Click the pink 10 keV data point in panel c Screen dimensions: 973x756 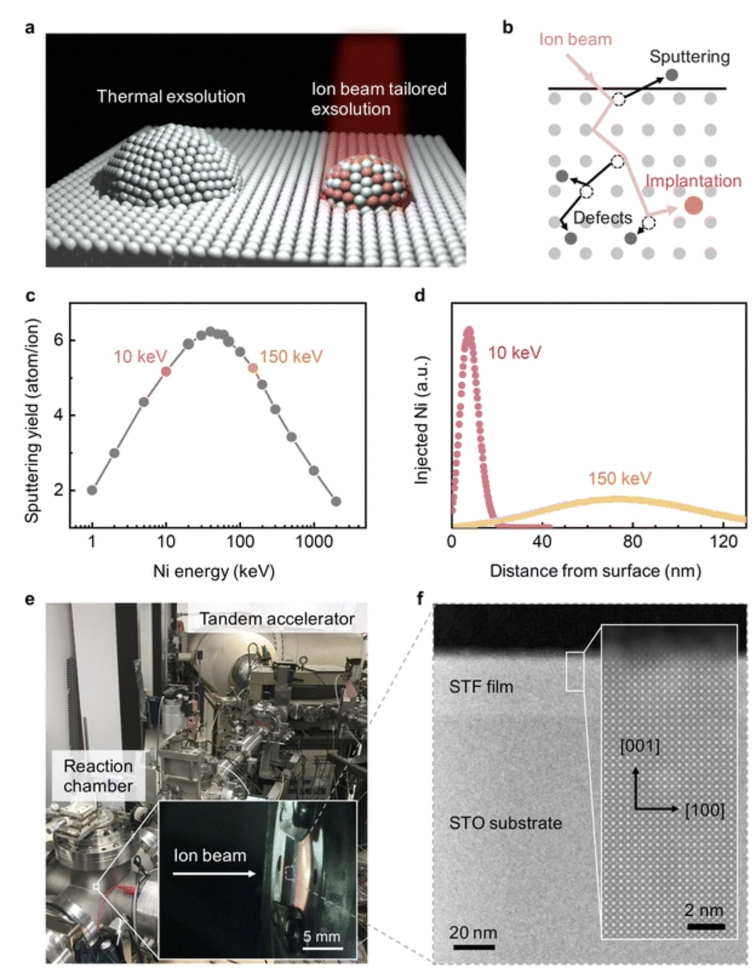[166, 371]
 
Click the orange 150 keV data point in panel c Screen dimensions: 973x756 [253, 368]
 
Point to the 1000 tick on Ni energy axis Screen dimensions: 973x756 [314, 542]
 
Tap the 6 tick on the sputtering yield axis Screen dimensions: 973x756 [58, 340]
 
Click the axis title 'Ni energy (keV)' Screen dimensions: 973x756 [213, 571]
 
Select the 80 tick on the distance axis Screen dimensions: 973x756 [632, 541]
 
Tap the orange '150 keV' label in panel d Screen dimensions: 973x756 [619, 479]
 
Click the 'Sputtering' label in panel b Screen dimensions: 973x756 [689, 57]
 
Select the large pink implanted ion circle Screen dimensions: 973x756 [694, 205]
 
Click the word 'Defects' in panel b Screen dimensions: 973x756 [602, 218]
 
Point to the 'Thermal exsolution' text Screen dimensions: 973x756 [171, 96]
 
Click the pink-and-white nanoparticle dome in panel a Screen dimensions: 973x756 [363, 185]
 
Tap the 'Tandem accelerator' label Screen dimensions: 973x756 [277, 619]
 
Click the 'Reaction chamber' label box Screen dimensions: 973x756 [98, 775]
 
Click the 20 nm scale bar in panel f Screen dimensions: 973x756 [473, 946]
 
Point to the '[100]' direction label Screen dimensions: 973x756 [705, 810]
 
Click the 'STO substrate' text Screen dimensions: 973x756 [505, 823]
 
